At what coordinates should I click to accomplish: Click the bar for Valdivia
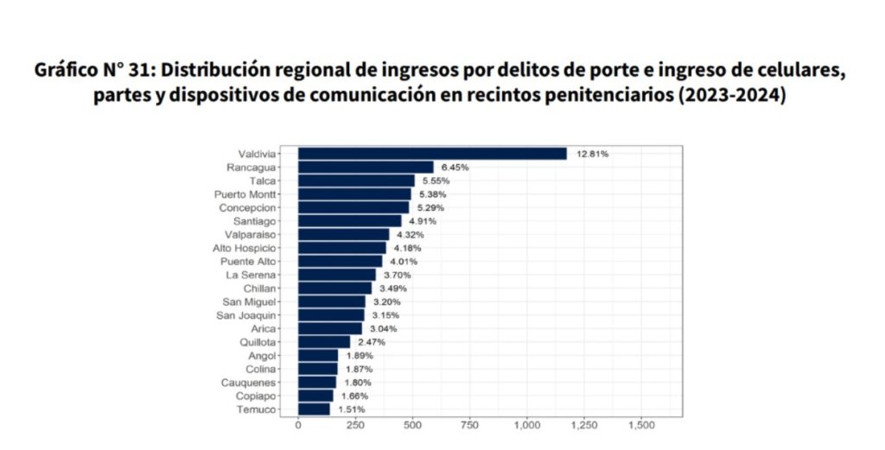(x=432, y=154)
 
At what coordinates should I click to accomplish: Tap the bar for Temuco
(x=314, y=409)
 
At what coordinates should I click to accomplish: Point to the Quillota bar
(x=324, y=342)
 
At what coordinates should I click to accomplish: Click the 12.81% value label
(x=594, y=154)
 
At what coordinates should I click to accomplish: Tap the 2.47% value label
(x=372, y=342)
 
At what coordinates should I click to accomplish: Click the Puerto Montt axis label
(x=245, y=194)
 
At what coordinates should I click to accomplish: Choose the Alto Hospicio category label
(x=245, y=248)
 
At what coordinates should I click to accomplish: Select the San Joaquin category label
(x=249, y=315)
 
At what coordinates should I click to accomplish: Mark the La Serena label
(x=251, y=275)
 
